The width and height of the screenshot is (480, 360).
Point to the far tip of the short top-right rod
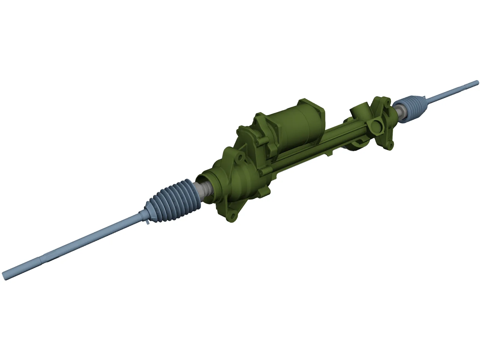(x=477, y=82)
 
